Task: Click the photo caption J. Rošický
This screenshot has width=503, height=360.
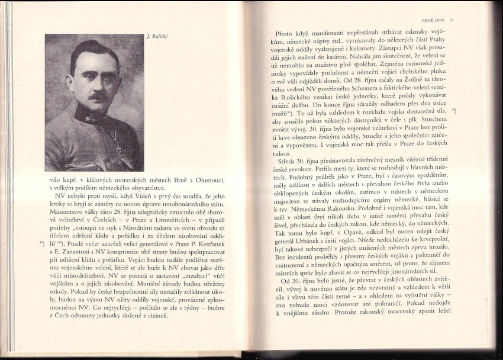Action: pyautogui.click(x=158, y=36)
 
